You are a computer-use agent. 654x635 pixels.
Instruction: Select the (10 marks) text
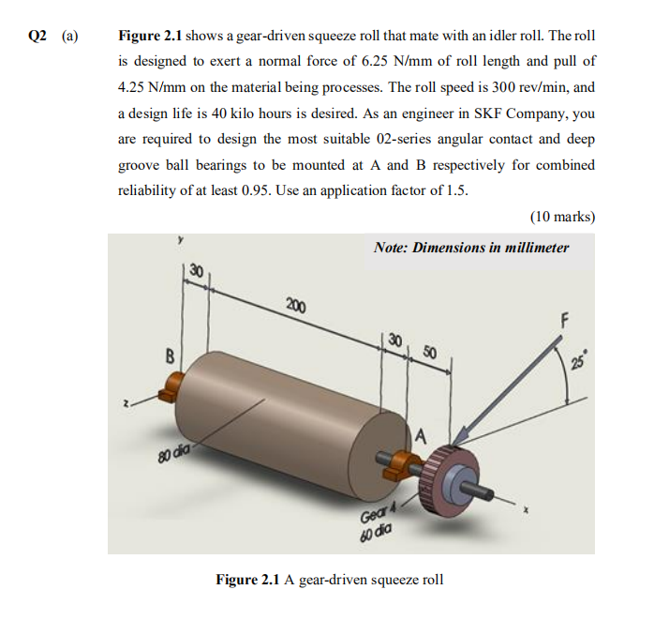pos(562,216)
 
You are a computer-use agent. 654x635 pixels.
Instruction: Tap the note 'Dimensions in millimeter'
pos(470,248)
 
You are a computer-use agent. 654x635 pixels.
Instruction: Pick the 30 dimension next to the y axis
pos(195,270)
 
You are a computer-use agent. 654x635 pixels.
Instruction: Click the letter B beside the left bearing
pos(170,355)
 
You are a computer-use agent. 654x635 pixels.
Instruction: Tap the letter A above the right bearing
pos(421,434)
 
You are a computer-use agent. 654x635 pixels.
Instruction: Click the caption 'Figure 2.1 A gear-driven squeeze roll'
pos(330,580)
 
